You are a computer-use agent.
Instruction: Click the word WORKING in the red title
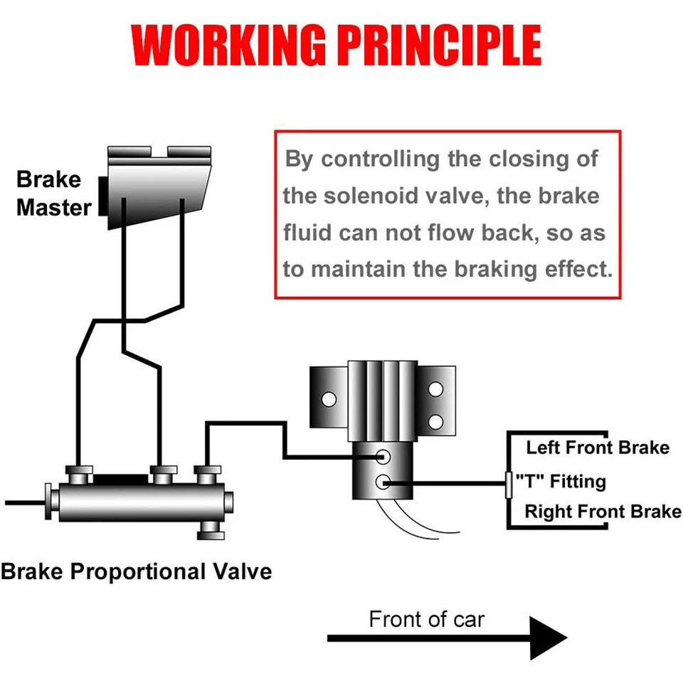pos(229,45)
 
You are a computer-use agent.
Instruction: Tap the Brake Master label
pos(53,193)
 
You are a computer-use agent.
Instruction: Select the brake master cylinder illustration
pos(155,187)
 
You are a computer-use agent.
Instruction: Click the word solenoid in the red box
pos(371,196)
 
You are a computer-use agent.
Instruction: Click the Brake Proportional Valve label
pos(137,571)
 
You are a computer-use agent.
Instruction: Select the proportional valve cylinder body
pos(142,502)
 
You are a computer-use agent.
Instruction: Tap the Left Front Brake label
pos(598,448)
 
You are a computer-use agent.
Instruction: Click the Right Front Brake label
pos(603,512)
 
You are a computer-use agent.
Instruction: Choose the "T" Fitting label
pos(561,482)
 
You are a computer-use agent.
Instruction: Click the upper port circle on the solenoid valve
pos(383,457)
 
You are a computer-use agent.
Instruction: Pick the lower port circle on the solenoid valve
pos(383,482)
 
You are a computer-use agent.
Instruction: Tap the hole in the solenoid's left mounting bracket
pos(329,399)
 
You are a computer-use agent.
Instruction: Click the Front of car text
pos(426,619)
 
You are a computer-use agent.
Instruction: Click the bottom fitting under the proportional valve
pos(211,531)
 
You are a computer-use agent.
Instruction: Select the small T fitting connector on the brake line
pos(508,485)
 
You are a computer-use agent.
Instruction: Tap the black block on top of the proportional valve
pos(121,479)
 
